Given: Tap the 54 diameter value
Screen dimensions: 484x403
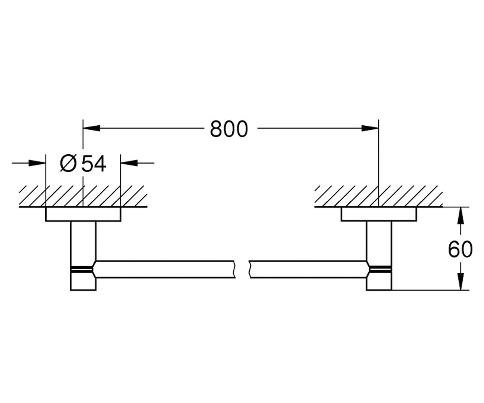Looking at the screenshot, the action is click(94, 164).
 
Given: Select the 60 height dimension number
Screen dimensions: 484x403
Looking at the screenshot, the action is click(460, 249).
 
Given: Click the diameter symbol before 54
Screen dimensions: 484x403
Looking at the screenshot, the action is click(69, 164).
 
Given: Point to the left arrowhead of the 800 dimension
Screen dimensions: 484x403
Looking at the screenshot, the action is click(92, 128).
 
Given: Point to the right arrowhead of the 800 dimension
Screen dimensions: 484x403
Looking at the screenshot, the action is click(370, 128).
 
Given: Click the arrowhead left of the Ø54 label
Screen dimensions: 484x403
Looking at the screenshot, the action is click(37, 163).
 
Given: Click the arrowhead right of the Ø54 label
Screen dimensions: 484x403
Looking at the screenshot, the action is click(129, 163).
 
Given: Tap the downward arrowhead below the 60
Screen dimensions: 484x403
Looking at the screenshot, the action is click(461, 281).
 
